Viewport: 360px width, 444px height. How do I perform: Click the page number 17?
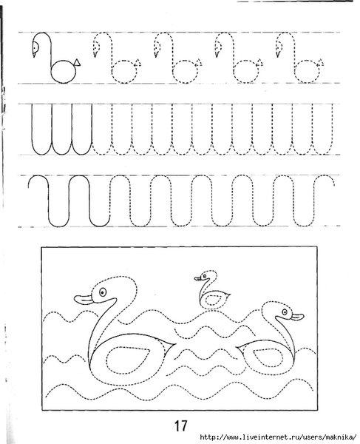coord(180,425)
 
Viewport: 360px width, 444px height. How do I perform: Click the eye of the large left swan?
coord(102,292)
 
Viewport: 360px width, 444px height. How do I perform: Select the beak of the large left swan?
coord(84,299)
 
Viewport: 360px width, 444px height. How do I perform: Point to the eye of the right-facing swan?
coord(285,312)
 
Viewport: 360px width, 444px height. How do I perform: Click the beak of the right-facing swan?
coord(297,317)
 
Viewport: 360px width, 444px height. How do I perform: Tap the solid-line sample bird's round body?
coord(64,71)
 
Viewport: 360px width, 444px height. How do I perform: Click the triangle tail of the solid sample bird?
coord(77,63)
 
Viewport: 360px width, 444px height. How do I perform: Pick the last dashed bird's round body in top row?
coord(307,71)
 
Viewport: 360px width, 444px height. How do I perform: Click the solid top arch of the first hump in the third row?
coord(38,176)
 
